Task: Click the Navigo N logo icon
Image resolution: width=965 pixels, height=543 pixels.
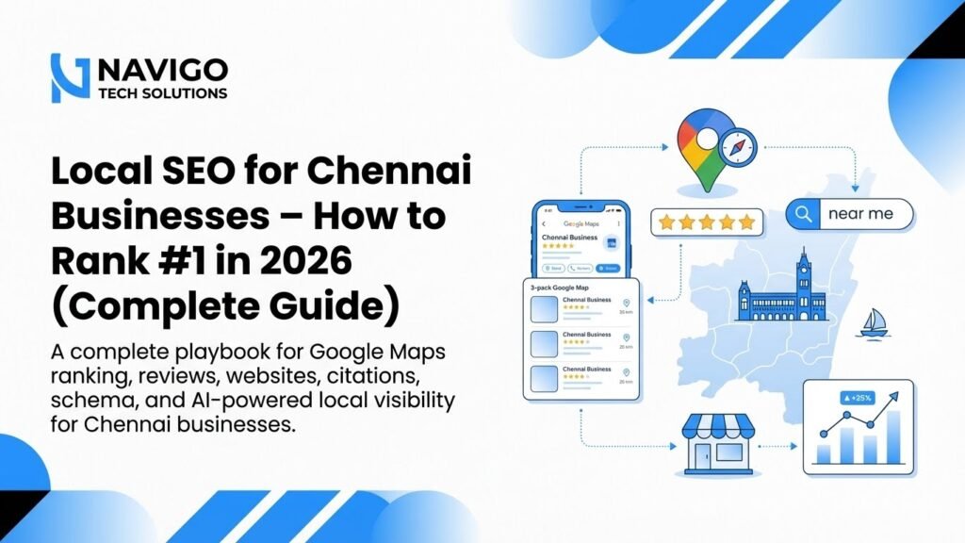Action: (70, 78)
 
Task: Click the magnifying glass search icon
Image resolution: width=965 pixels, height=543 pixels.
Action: (803, 214)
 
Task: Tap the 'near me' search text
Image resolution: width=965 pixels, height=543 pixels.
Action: (859, 214)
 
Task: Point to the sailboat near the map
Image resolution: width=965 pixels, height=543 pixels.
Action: (872, 323)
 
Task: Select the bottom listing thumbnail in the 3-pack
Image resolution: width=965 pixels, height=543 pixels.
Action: (546, 377)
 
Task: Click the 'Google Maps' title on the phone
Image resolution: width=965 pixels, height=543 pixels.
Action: (583, 224)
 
